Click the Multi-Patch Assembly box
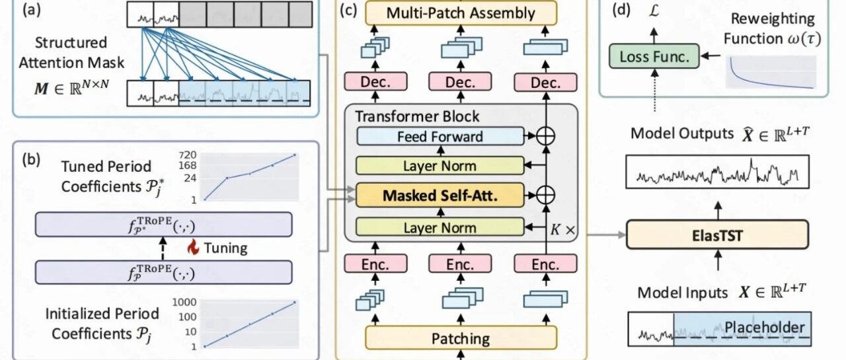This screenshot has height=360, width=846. pos(461,13)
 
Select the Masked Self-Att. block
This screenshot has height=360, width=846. pos(440,195)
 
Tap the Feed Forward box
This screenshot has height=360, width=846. pos(440,136)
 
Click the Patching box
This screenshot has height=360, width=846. pos(461,338)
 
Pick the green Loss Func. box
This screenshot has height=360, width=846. pos(654,56)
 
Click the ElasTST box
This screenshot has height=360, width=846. pos(717,234)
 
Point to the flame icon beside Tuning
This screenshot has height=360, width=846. pos(194,247)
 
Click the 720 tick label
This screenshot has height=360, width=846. pos(188,155)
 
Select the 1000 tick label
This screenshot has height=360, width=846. pos(184,303)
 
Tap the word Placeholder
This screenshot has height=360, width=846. pos(765,328)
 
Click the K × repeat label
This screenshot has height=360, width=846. pos(562,229)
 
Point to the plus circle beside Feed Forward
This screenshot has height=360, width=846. pos(545,136)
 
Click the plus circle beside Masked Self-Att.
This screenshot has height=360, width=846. pos(545,195)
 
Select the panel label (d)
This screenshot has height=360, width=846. pos(621,10)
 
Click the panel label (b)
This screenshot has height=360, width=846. pos(31,160)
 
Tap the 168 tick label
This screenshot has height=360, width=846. pos(188,166)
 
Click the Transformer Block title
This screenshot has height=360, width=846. pos(417,116)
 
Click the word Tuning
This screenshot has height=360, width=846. pos(225,248)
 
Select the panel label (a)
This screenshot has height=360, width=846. pos(31,10)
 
